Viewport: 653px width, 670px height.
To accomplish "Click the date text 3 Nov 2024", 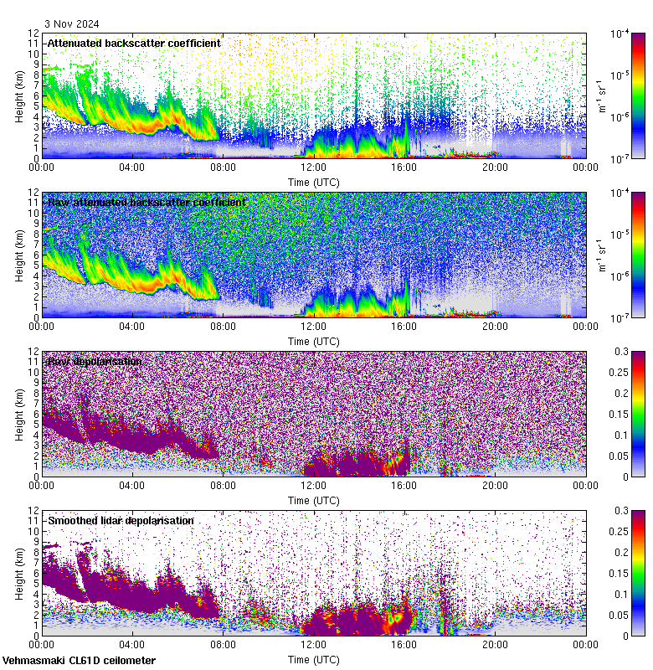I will pyautogui.click(x=72, y=24).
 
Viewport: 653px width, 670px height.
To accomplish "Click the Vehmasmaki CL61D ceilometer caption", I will pyautogui.click(x=79, y=661).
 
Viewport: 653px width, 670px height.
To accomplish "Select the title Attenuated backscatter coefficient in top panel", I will pyautogui.click(x=134, y=43).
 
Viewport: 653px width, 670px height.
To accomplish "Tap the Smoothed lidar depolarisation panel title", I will pyautogui.click(x=121, y=520).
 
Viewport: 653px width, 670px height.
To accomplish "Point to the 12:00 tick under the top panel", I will pyautogui.click(x=314, y=167).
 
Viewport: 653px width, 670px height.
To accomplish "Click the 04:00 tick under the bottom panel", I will pyautogui.click(x=132, y=644).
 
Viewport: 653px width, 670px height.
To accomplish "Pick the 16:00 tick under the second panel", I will pyautogui.click(x=404, y=326).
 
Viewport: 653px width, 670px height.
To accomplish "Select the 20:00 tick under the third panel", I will pyautogui.click(x=495, y=485).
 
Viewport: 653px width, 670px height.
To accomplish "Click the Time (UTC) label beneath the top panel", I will pyautogui.click(x=314, y=182).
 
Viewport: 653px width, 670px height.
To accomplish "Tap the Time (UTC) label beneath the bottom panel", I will pyautogui.click(x=314, y=659).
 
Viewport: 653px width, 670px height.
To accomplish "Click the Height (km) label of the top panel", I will pyautogui.click(x=19, y=95).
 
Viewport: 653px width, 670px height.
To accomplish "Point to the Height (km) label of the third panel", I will pyautogui.click(x=19, y=414).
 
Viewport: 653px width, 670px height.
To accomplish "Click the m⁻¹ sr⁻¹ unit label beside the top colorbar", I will pyautogui.click(x=600, y=95).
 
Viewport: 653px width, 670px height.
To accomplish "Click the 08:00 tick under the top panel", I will pyautogui.click(x=224, y=167).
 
